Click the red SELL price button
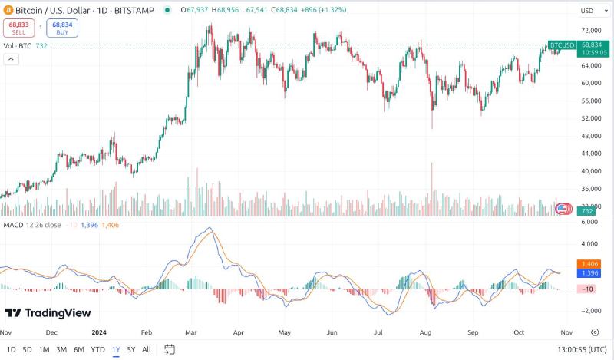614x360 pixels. click(x=19, y=28)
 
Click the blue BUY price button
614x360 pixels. click(x=61, y=28)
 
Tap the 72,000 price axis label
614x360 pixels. click(x=590, y=31)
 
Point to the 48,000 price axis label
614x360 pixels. click(x=590, y=136)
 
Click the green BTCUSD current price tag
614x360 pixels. click(x=562, y=46)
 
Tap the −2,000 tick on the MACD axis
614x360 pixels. click(x=589, y=311)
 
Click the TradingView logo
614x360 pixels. click(x=48, y=312)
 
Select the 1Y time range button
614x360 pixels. click(x=116, y=350)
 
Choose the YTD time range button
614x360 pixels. click(x=97, y=350)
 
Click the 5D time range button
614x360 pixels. click(x=27, y=350)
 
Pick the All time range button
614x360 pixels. click(x=147, y=350)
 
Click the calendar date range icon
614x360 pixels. click(x=170, y=349)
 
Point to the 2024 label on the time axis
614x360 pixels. click(x=99, y=333)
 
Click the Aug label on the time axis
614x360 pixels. click(x=426, y=333)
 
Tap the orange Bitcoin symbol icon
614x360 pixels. click(x=9, y=11)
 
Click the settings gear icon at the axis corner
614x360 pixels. click(x=595, y=332)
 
